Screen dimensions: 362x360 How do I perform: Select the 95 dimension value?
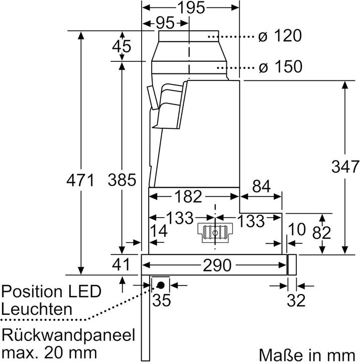click(x=161, y=23)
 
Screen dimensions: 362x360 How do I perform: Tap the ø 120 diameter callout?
click(x=280, y=36)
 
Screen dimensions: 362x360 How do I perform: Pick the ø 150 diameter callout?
click(x=280, y=66)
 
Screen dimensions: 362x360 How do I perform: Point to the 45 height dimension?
click(x=121, y=46)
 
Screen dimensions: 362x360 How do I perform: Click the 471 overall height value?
click(x=80, y=180)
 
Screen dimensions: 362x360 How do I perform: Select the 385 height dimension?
click(x=122, y=180)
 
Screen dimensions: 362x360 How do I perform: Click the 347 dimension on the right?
click(x=345, y=166)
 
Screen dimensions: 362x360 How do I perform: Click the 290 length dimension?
click(x=216, y=264)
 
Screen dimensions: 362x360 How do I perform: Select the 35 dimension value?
click(x=162, y=301)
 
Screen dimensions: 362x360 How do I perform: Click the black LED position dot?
click(x=161, y=285)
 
